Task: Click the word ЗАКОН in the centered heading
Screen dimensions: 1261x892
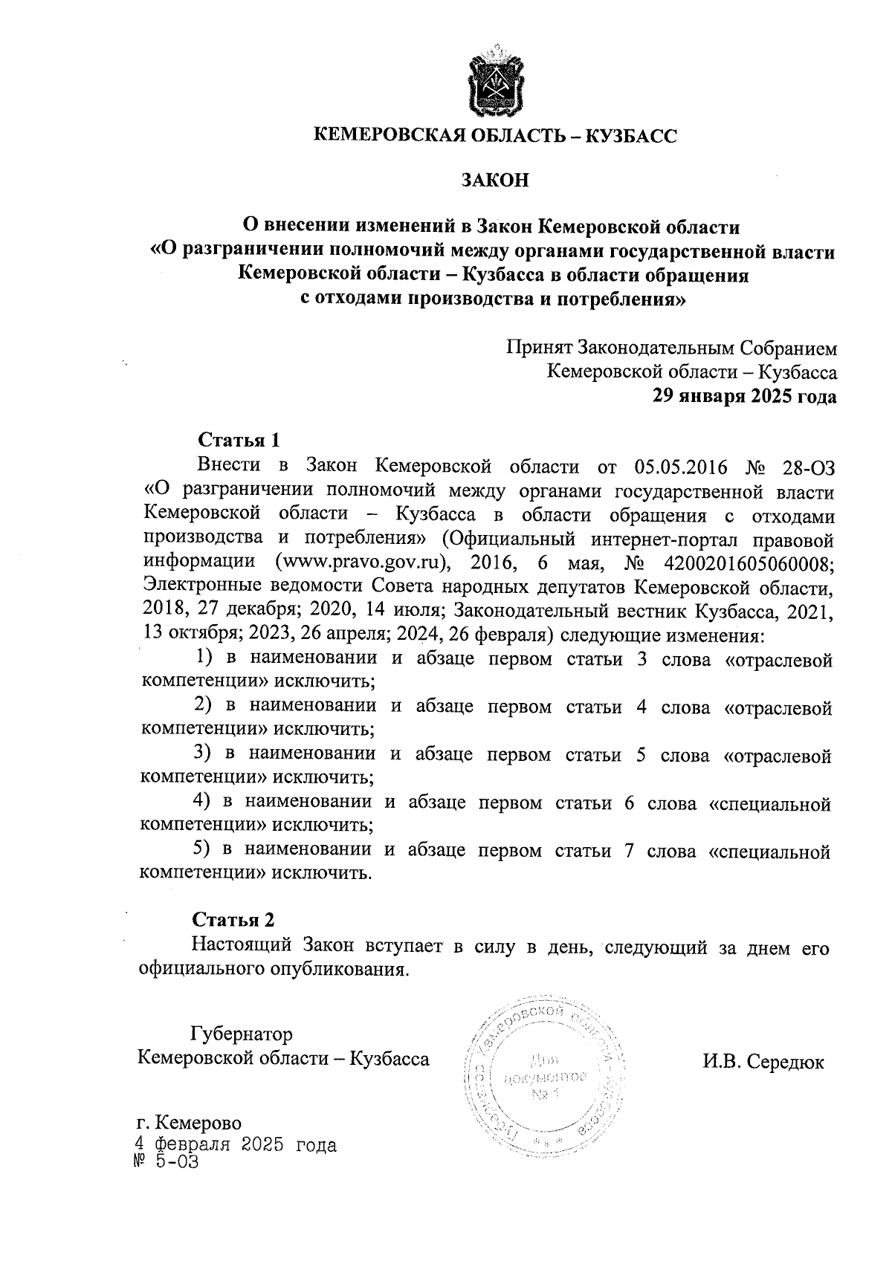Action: [495, 181]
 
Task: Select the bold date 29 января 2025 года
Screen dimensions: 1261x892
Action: [743, 396]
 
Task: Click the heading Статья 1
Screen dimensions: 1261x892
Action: [238, 441]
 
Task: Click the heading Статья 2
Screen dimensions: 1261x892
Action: [233, 920]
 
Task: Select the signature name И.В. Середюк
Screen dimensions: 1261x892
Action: [763, 1062]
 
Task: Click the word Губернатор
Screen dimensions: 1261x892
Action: [242, 1034]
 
